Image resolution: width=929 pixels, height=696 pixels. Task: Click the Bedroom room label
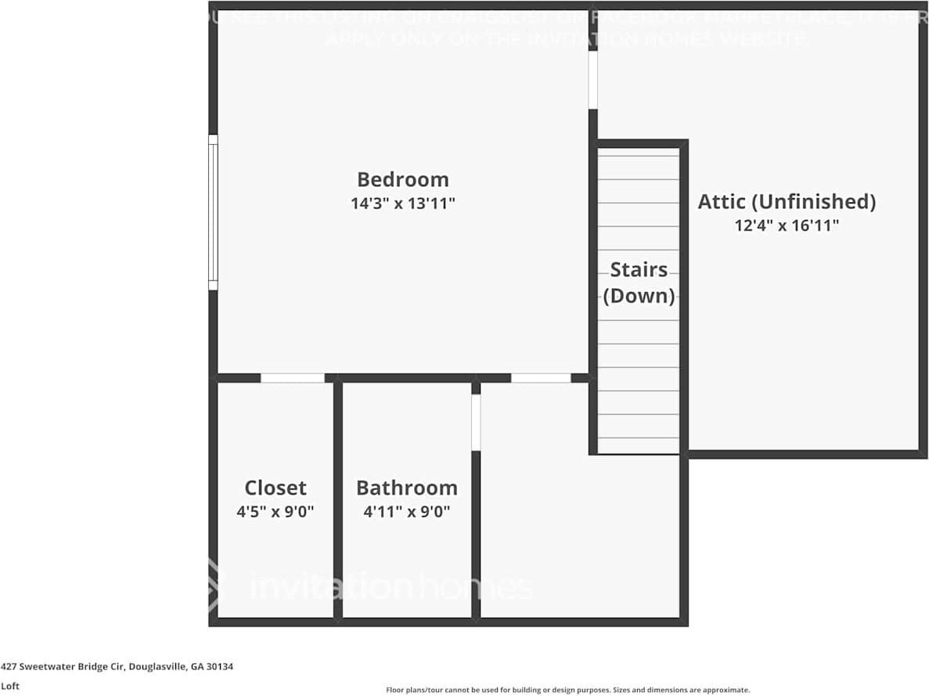coord(403,179)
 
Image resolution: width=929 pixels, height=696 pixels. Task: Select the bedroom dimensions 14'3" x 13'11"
coord(403,204)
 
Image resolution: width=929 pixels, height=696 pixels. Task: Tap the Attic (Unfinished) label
coord(787,201)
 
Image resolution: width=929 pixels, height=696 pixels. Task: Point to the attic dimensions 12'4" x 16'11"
coord(787,225)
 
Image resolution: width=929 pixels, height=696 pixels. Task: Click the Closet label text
coord(275,488)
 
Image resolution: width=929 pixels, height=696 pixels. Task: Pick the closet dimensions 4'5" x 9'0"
coord(275,512)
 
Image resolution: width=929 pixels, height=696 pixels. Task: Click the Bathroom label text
coord(407,488)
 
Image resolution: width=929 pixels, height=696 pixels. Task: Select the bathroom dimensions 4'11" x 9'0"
coord(407,512)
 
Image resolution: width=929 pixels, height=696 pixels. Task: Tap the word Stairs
coord(639,270)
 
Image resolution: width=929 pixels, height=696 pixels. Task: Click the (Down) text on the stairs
coord(639,296)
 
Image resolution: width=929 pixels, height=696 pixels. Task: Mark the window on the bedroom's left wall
coord(213,211)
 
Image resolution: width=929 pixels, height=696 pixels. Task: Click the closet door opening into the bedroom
coord(292,378)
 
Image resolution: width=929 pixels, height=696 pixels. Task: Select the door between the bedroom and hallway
coord(541,378)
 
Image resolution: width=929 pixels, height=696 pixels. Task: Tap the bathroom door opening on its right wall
coord(476,422)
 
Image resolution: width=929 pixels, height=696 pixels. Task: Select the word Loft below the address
coord(9,686)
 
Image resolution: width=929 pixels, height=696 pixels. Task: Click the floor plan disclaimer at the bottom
coord(567,690)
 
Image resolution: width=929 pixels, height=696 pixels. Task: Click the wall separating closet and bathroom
coord(338,501)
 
